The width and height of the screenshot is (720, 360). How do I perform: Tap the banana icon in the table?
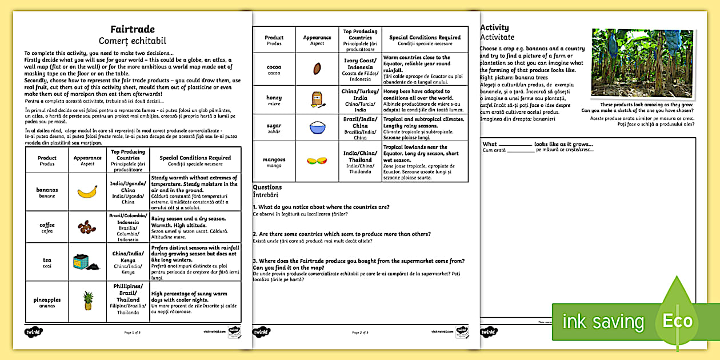pyautogui.click(x=87, y=192)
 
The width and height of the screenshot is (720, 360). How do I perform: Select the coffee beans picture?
pyautogui.click(x=87, y=227)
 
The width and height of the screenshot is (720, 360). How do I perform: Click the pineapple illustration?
pyautogui.click(x=88, y=300)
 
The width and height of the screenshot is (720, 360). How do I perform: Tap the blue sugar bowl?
pyautogui.click(x=317, y=127)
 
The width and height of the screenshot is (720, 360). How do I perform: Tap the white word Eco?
pyautogui.click(x=677, y=321)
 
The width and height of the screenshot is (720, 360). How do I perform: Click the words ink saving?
pyautogui.click(x=603, y=322)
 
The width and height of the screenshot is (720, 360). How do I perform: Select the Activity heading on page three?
pyautogui.click(x=494, y=27)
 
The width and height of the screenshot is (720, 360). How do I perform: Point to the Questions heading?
pyautogui.click(x=267, y=187)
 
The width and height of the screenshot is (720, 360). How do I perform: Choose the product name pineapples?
pyautogui.click(x=47, y=299)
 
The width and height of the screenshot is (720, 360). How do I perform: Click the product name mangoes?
pyautogui.click(x=274, y=159)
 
